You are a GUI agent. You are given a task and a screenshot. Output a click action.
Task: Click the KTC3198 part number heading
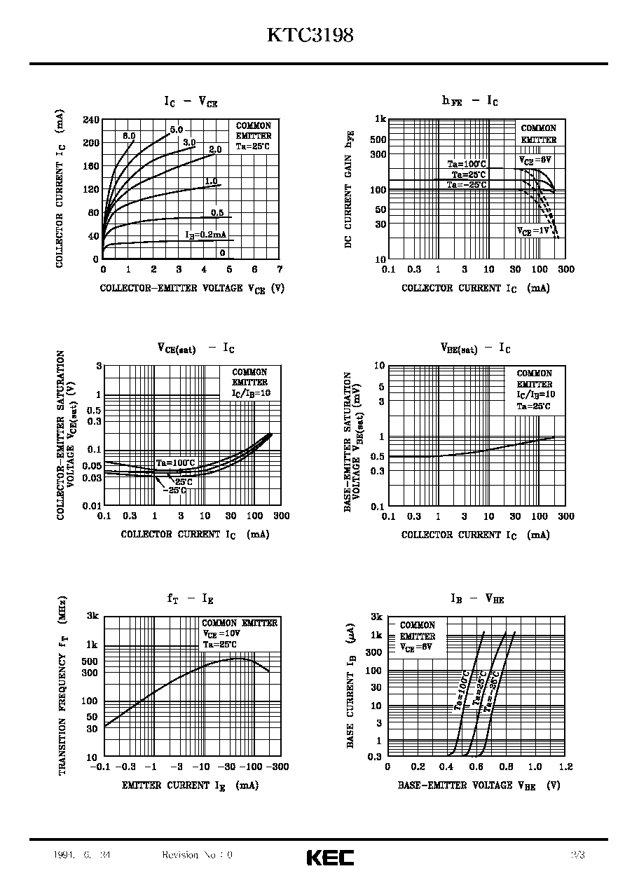point(310,36)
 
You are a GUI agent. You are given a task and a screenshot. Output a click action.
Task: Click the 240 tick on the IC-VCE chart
point(91,120)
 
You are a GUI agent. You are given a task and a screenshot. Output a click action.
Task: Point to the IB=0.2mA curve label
point(206,235)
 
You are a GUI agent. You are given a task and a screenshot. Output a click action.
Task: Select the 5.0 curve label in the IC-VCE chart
point(176,130)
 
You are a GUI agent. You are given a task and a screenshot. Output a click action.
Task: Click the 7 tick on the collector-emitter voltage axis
point(279,270)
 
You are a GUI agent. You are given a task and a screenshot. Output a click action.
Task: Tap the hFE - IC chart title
point(469,101)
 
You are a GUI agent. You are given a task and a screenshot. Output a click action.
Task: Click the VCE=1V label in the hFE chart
point(534,231)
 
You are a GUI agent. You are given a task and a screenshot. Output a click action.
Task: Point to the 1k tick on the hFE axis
point(380,119)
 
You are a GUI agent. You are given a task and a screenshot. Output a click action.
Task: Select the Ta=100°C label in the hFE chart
point(467,164)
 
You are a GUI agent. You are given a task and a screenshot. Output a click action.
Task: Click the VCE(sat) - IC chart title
point(195,348)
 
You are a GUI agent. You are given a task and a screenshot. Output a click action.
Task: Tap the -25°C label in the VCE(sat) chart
point(174,490)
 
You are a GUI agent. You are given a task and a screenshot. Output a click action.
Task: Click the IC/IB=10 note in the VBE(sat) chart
point(535,395)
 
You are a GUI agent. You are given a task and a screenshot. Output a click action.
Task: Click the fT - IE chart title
point(190,598)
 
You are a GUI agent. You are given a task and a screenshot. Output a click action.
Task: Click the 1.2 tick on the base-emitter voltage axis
point(566,767)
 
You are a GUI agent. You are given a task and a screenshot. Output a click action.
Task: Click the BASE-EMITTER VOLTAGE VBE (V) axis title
point(479,786)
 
